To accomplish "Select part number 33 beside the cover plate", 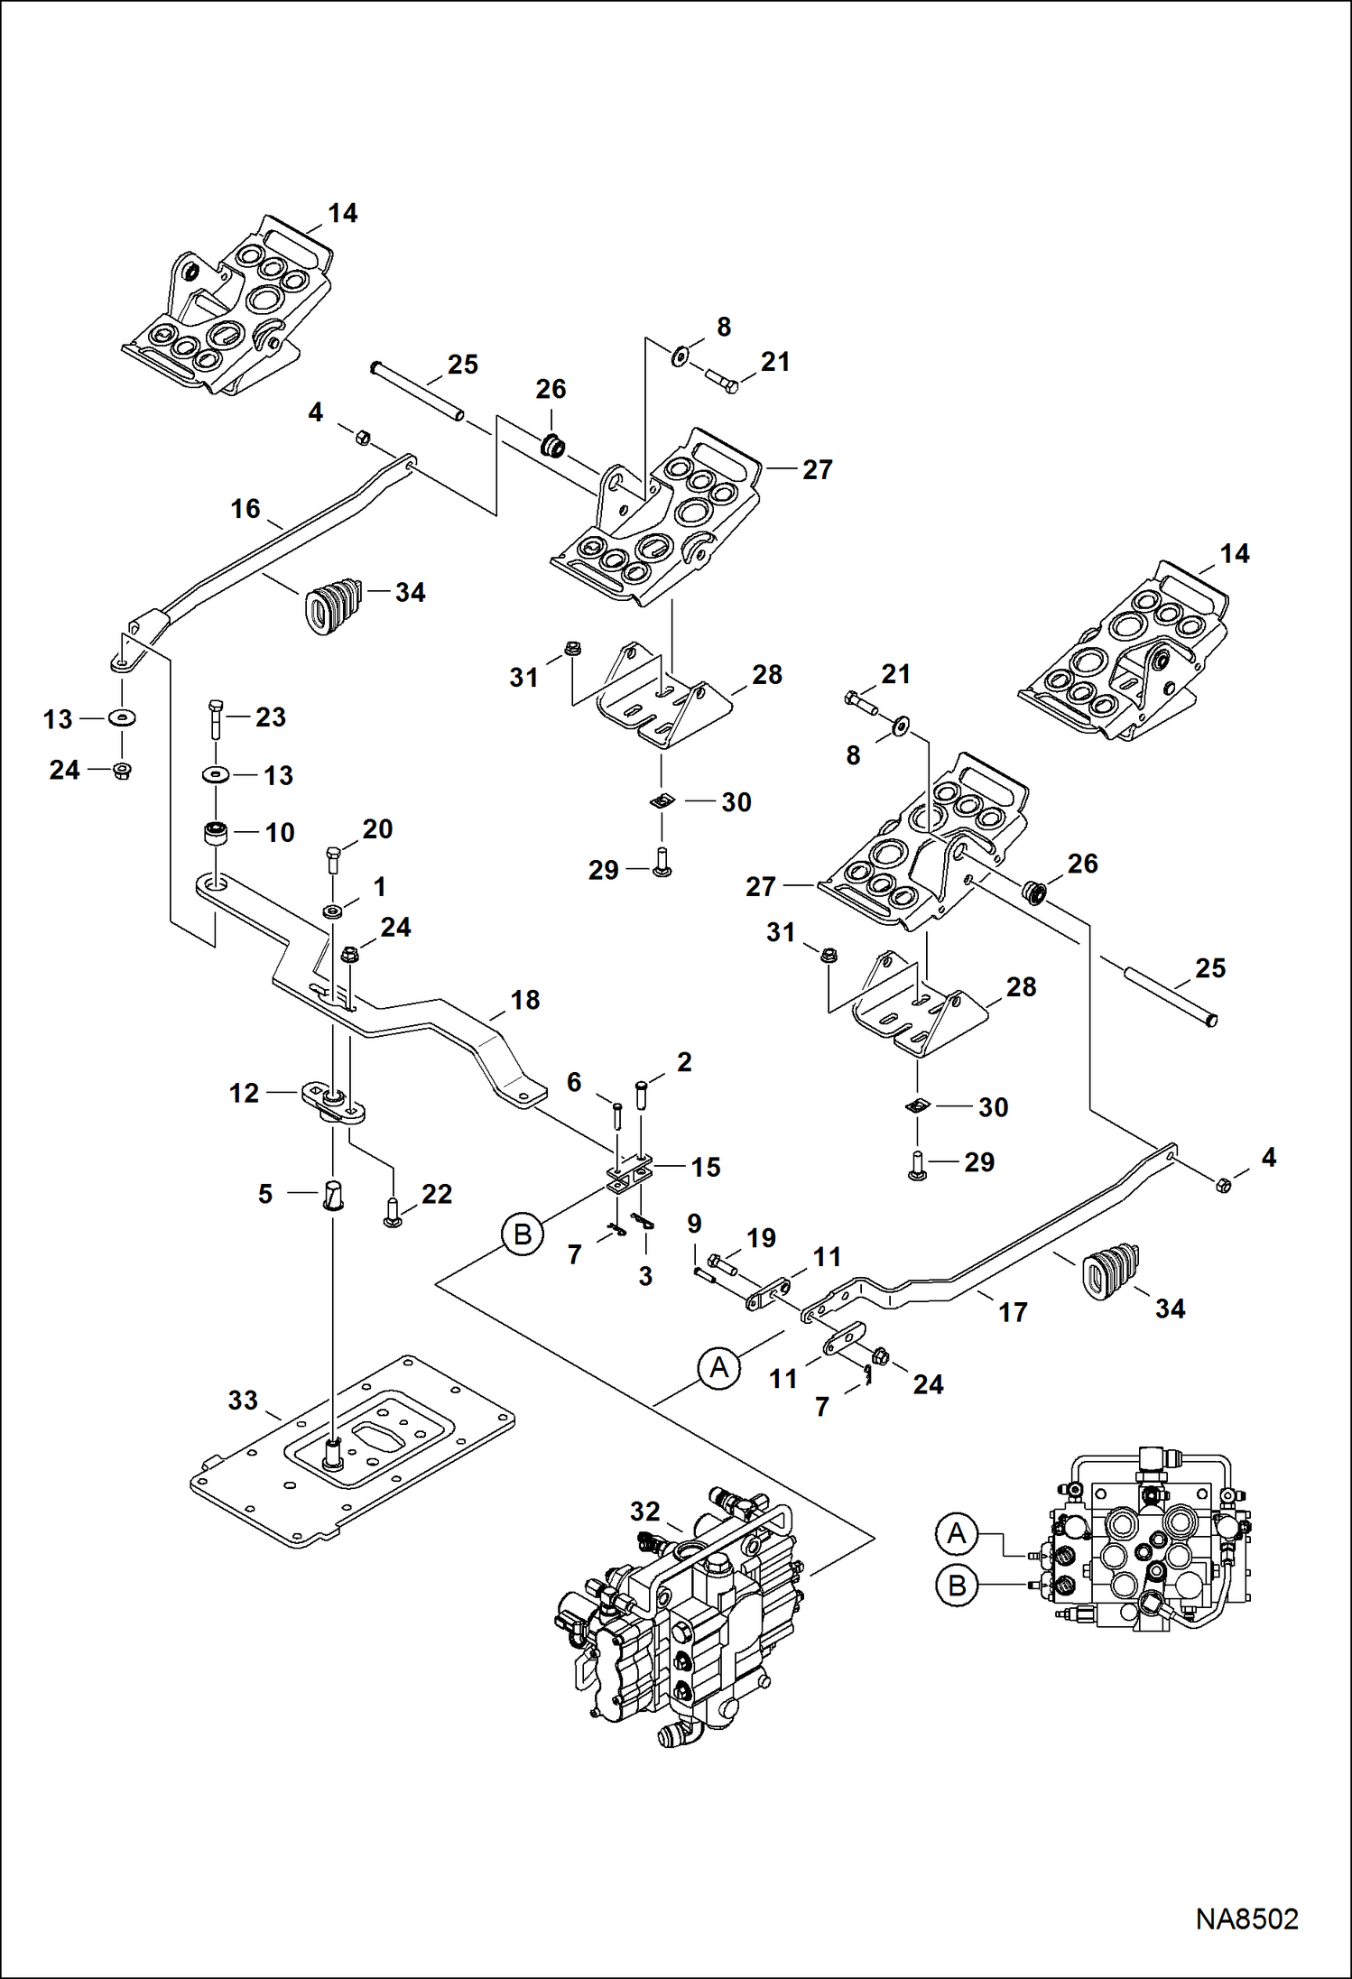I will tap(243, 1400).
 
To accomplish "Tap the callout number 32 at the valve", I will tap(645, 1511).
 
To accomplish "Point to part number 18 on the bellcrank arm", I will tap(525, 1000).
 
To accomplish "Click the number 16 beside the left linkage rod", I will tap(245, 509).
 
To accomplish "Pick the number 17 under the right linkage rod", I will tap(1013, 1312).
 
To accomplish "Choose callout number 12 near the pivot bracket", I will tap(244, 1093).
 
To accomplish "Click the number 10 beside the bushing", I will tap(280, 832).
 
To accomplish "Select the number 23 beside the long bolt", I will tap(271, 717).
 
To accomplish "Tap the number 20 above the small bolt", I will tap(377, 828).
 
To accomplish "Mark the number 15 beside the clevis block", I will tap(706, 1167).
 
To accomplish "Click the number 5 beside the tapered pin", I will tap(264, 1194).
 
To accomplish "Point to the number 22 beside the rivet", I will tap(437, 1194).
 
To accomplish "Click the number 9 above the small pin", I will tap(694, 1224).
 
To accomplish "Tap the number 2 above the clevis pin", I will tap(684, 1062).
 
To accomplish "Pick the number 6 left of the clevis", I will tap(574, 1081).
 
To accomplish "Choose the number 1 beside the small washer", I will tap(380, 887).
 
